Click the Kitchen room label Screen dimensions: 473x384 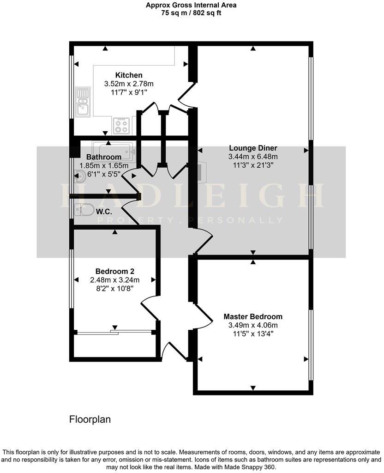coord(129,75)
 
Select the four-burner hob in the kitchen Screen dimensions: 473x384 coord(122,126)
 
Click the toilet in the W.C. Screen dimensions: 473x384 coord(84,210)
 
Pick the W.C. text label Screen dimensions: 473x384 coord(103,212)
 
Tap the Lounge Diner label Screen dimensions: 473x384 coord(253,148)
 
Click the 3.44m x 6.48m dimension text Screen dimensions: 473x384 coord(253,157)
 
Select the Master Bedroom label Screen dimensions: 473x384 coord(253,317)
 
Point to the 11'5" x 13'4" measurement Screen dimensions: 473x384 coord(253,334)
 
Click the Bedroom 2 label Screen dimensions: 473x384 coord(115,271)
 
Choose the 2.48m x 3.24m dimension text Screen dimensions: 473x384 coord(115,279)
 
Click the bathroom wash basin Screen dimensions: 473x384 coord(79,175)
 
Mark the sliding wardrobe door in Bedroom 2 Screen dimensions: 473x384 coord(115,331)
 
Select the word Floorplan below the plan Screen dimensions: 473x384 coord(90,419)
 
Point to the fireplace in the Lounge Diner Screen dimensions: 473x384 coord(201,171)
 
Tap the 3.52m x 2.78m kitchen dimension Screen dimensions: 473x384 coord(129,84)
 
